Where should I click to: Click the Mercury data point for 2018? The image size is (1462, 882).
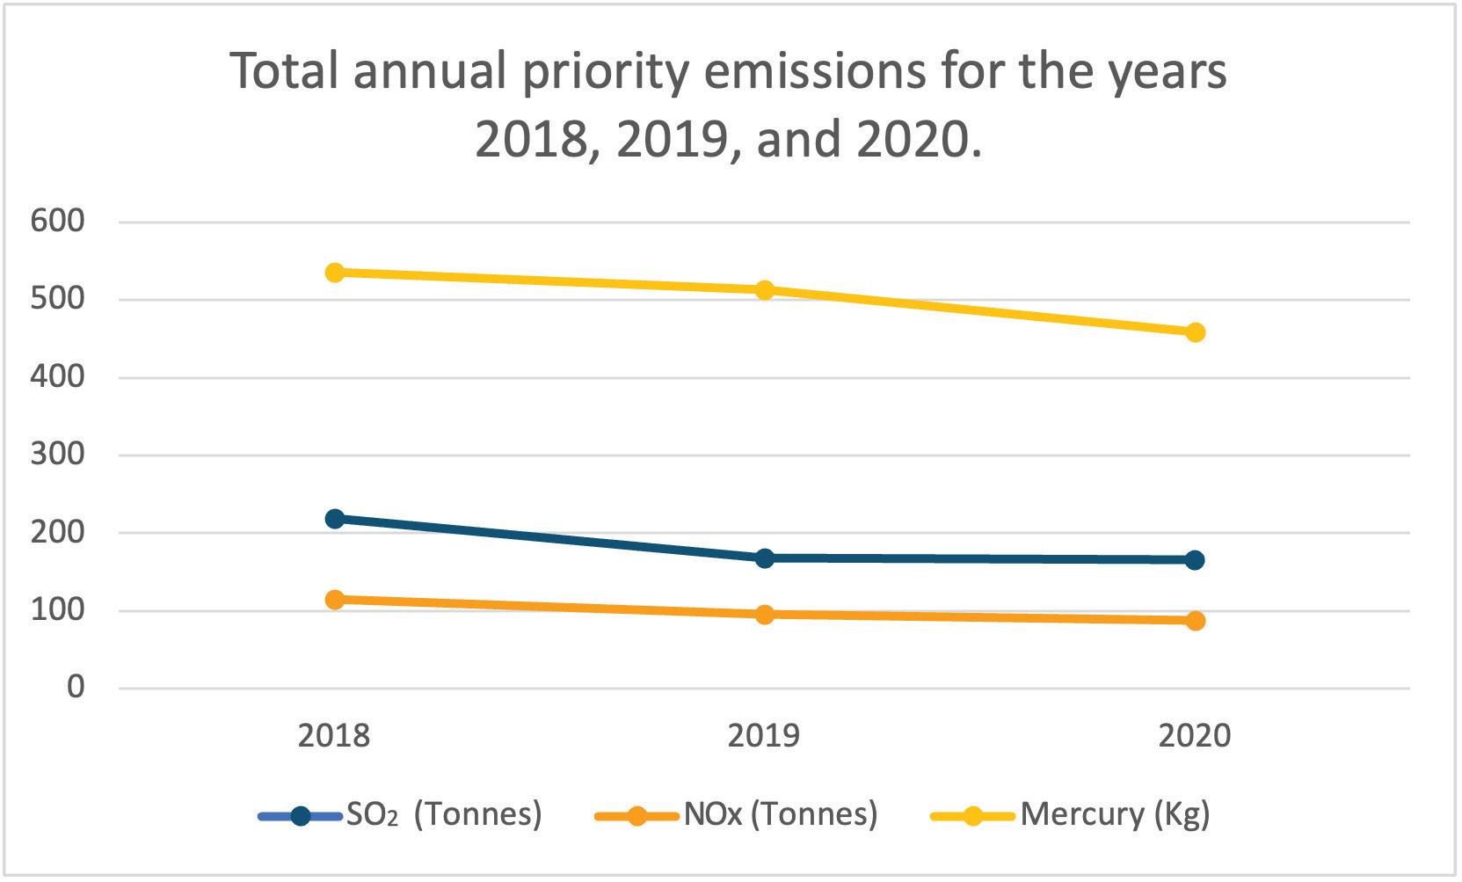[x=335, y=273]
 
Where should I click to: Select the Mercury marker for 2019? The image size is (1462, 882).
[x=765, y=290]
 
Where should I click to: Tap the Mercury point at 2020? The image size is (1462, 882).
[x=1195, y=332]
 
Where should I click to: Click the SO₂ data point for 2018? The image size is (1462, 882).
[x=335, y=519]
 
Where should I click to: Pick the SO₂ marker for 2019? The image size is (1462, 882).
[x=765, y=558]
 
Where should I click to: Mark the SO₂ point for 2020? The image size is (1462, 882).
[x=1195, y=560]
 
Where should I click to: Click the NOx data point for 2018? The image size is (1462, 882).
[x=335, y=600]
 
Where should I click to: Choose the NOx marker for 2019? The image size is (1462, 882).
[x=765, y=615]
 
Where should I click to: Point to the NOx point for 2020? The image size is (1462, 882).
[x=1195, y=621]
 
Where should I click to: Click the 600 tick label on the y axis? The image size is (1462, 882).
[x=58, y=222]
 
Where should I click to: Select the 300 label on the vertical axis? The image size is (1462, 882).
[x=58, y=455]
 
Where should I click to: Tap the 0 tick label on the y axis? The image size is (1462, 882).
[x=76, y=688]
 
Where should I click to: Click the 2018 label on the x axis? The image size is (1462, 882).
[x=334, y=736]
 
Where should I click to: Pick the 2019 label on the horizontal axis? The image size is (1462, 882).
[x=764, y=736]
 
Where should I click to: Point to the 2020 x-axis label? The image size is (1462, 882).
[x=1195, y=736]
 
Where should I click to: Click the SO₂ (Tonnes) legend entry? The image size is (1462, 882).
[x=401, y=815]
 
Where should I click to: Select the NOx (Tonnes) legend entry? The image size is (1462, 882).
[x=737, y=815]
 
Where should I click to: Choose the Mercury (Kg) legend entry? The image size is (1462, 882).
[x=1071, y=815]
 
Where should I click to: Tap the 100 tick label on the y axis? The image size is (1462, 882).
[x=58, y=610]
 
